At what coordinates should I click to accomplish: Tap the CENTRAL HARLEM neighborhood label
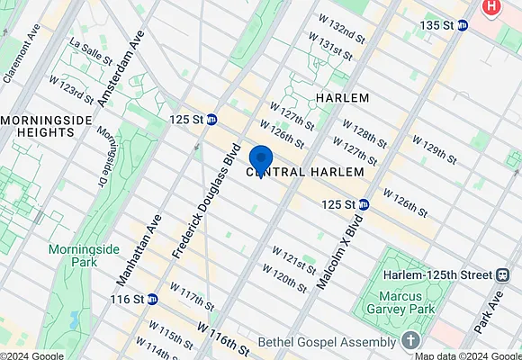(305, 171)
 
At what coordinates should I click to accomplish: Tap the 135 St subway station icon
(463, 25)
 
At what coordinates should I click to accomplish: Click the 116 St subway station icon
(153, 299)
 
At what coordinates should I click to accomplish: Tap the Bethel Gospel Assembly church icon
(410, 341)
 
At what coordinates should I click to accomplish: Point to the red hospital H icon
(490, 7)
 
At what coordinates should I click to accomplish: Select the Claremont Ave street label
(22, 53)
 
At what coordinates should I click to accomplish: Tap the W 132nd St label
(336, 28)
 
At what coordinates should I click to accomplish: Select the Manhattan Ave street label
(138, 249)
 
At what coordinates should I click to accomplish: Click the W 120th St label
(284, 275)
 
